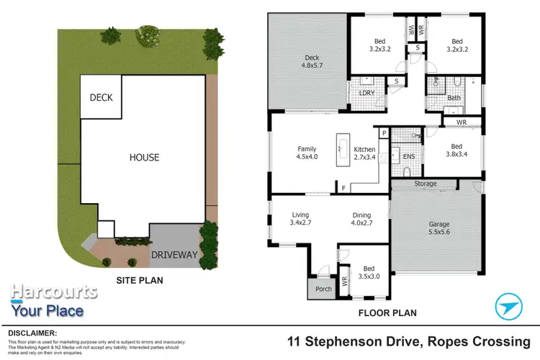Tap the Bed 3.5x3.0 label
coord(368,271)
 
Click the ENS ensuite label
coord(408,156)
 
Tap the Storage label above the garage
coord(425,184)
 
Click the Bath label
coord(454,97)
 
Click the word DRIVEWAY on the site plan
coord(174,254)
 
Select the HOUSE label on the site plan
coord(144,157)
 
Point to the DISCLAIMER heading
coord(32,333)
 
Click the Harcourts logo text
coord(54,292)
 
